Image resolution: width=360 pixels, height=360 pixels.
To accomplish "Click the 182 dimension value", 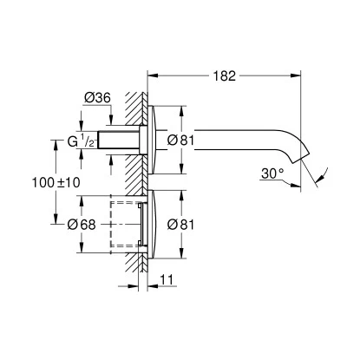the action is (225, 75).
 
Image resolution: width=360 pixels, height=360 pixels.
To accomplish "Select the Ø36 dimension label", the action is (97, 98).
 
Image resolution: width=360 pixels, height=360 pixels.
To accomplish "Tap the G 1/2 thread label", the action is (81, 141).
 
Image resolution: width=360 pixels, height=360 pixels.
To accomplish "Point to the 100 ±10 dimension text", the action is (56, 183).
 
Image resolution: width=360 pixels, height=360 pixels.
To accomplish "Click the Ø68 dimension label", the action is (82, 225).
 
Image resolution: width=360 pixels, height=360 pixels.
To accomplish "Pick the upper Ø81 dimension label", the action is (180, 141).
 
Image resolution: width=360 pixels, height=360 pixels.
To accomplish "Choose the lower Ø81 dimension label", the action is (180, 225).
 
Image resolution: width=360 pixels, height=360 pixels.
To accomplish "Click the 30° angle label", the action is (272, 173).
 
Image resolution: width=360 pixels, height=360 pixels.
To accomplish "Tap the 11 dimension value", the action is (167, 279).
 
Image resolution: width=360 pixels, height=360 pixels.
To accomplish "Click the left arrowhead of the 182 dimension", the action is (153, 75).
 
